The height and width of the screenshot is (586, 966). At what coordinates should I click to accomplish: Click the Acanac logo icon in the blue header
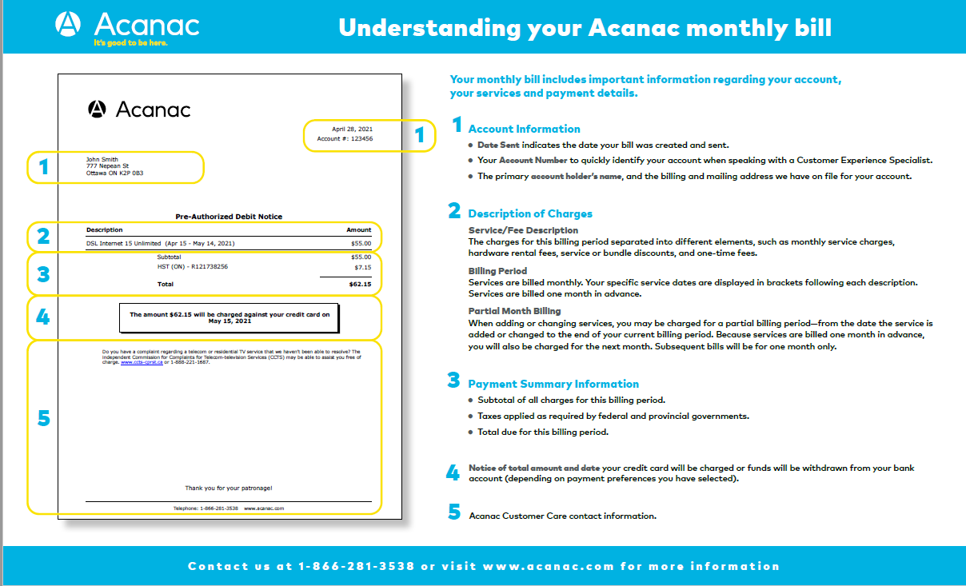(x=68, y=24)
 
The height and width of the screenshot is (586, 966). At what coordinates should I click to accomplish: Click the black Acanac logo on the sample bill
(x=97, y=110)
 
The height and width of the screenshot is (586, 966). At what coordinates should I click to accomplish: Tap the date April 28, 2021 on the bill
(x=352, y=129)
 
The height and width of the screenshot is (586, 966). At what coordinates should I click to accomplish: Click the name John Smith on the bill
(x=102, y=160)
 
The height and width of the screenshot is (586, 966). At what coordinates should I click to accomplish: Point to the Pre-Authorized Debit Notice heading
(x=229, y=217)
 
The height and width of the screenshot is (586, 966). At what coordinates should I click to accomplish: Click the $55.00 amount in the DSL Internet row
(x=361, y=243)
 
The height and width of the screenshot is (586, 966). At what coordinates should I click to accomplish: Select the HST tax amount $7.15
(x=362, y=267)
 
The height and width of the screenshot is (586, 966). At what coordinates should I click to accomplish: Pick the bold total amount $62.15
(x=361, y=284)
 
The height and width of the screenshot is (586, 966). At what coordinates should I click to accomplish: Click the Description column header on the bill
(x=105, y=229)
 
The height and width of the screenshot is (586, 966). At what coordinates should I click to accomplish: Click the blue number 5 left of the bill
(x=43, y=418)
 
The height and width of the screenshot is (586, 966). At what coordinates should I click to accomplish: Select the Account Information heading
(x=524, y=129)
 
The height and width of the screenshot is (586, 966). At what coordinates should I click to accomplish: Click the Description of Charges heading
(x=529, y=213)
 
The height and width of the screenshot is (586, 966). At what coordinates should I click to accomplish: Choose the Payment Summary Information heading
(x=553, y=384)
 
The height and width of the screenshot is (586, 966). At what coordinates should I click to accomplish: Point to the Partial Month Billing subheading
(x=514, y=311)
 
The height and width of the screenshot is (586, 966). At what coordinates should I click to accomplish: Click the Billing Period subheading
(x=497, y=271)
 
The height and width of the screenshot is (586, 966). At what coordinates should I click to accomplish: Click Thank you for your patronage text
(x=229, y=488)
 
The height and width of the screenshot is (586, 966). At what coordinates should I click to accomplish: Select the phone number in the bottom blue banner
(x=356, y=566)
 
